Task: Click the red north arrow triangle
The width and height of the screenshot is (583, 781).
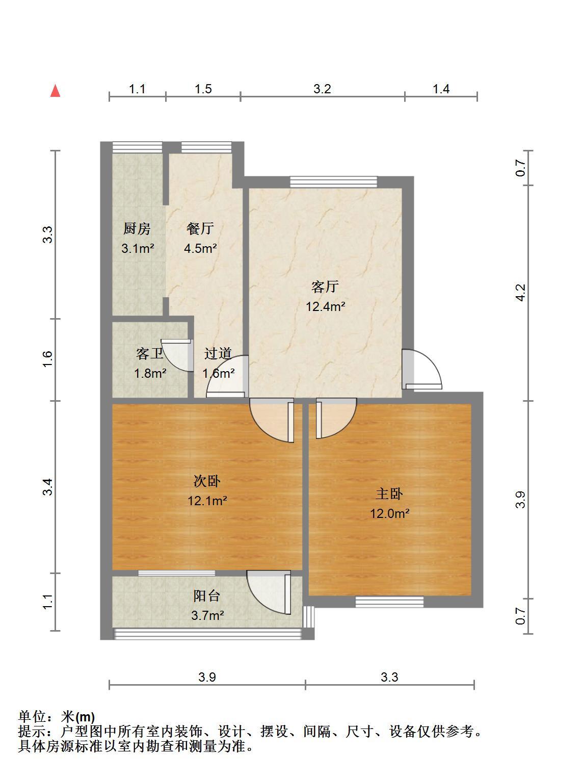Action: pos(55,91)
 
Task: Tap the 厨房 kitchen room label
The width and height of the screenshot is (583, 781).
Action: pos(137,228)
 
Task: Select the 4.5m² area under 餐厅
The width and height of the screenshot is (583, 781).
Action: pos(200,248)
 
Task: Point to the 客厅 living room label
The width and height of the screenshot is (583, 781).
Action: pos(325,287)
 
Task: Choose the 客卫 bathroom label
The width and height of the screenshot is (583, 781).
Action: pos(150,354)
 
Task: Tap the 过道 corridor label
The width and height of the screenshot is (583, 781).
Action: pos(218,354)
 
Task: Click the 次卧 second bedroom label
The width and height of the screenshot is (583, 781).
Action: pos(207,481)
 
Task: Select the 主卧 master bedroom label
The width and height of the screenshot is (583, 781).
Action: pos(389,494)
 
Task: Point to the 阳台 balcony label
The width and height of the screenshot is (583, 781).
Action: pos(207,596)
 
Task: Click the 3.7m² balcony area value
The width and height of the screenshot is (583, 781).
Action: pos(207,615)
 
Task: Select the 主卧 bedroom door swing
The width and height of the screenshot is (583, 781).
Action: pos(336,419)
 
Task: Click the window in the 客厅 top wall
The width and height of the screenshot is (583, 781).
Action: pos(334,182)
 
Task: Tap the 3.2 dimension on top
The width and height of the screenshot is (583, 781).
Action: pos(322,89)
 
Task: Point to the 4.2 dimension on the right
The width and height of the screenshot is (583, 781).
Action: pos(520,293)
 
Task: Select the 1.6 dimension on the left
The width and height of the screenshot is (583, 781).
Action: pos(48,359)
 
